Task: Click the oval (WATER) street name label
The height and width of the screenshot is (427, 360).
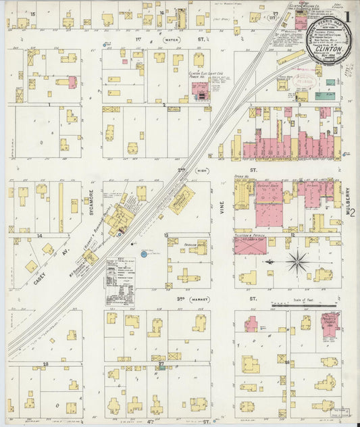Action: point(172,41)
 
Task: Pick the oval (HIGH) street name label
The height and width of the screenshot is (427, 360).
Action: point(201,171)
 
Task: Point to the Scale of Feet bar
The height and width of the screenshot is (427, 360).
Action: point(304,306)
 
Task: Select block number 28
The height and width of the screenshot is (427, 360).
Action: point(46,364)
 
